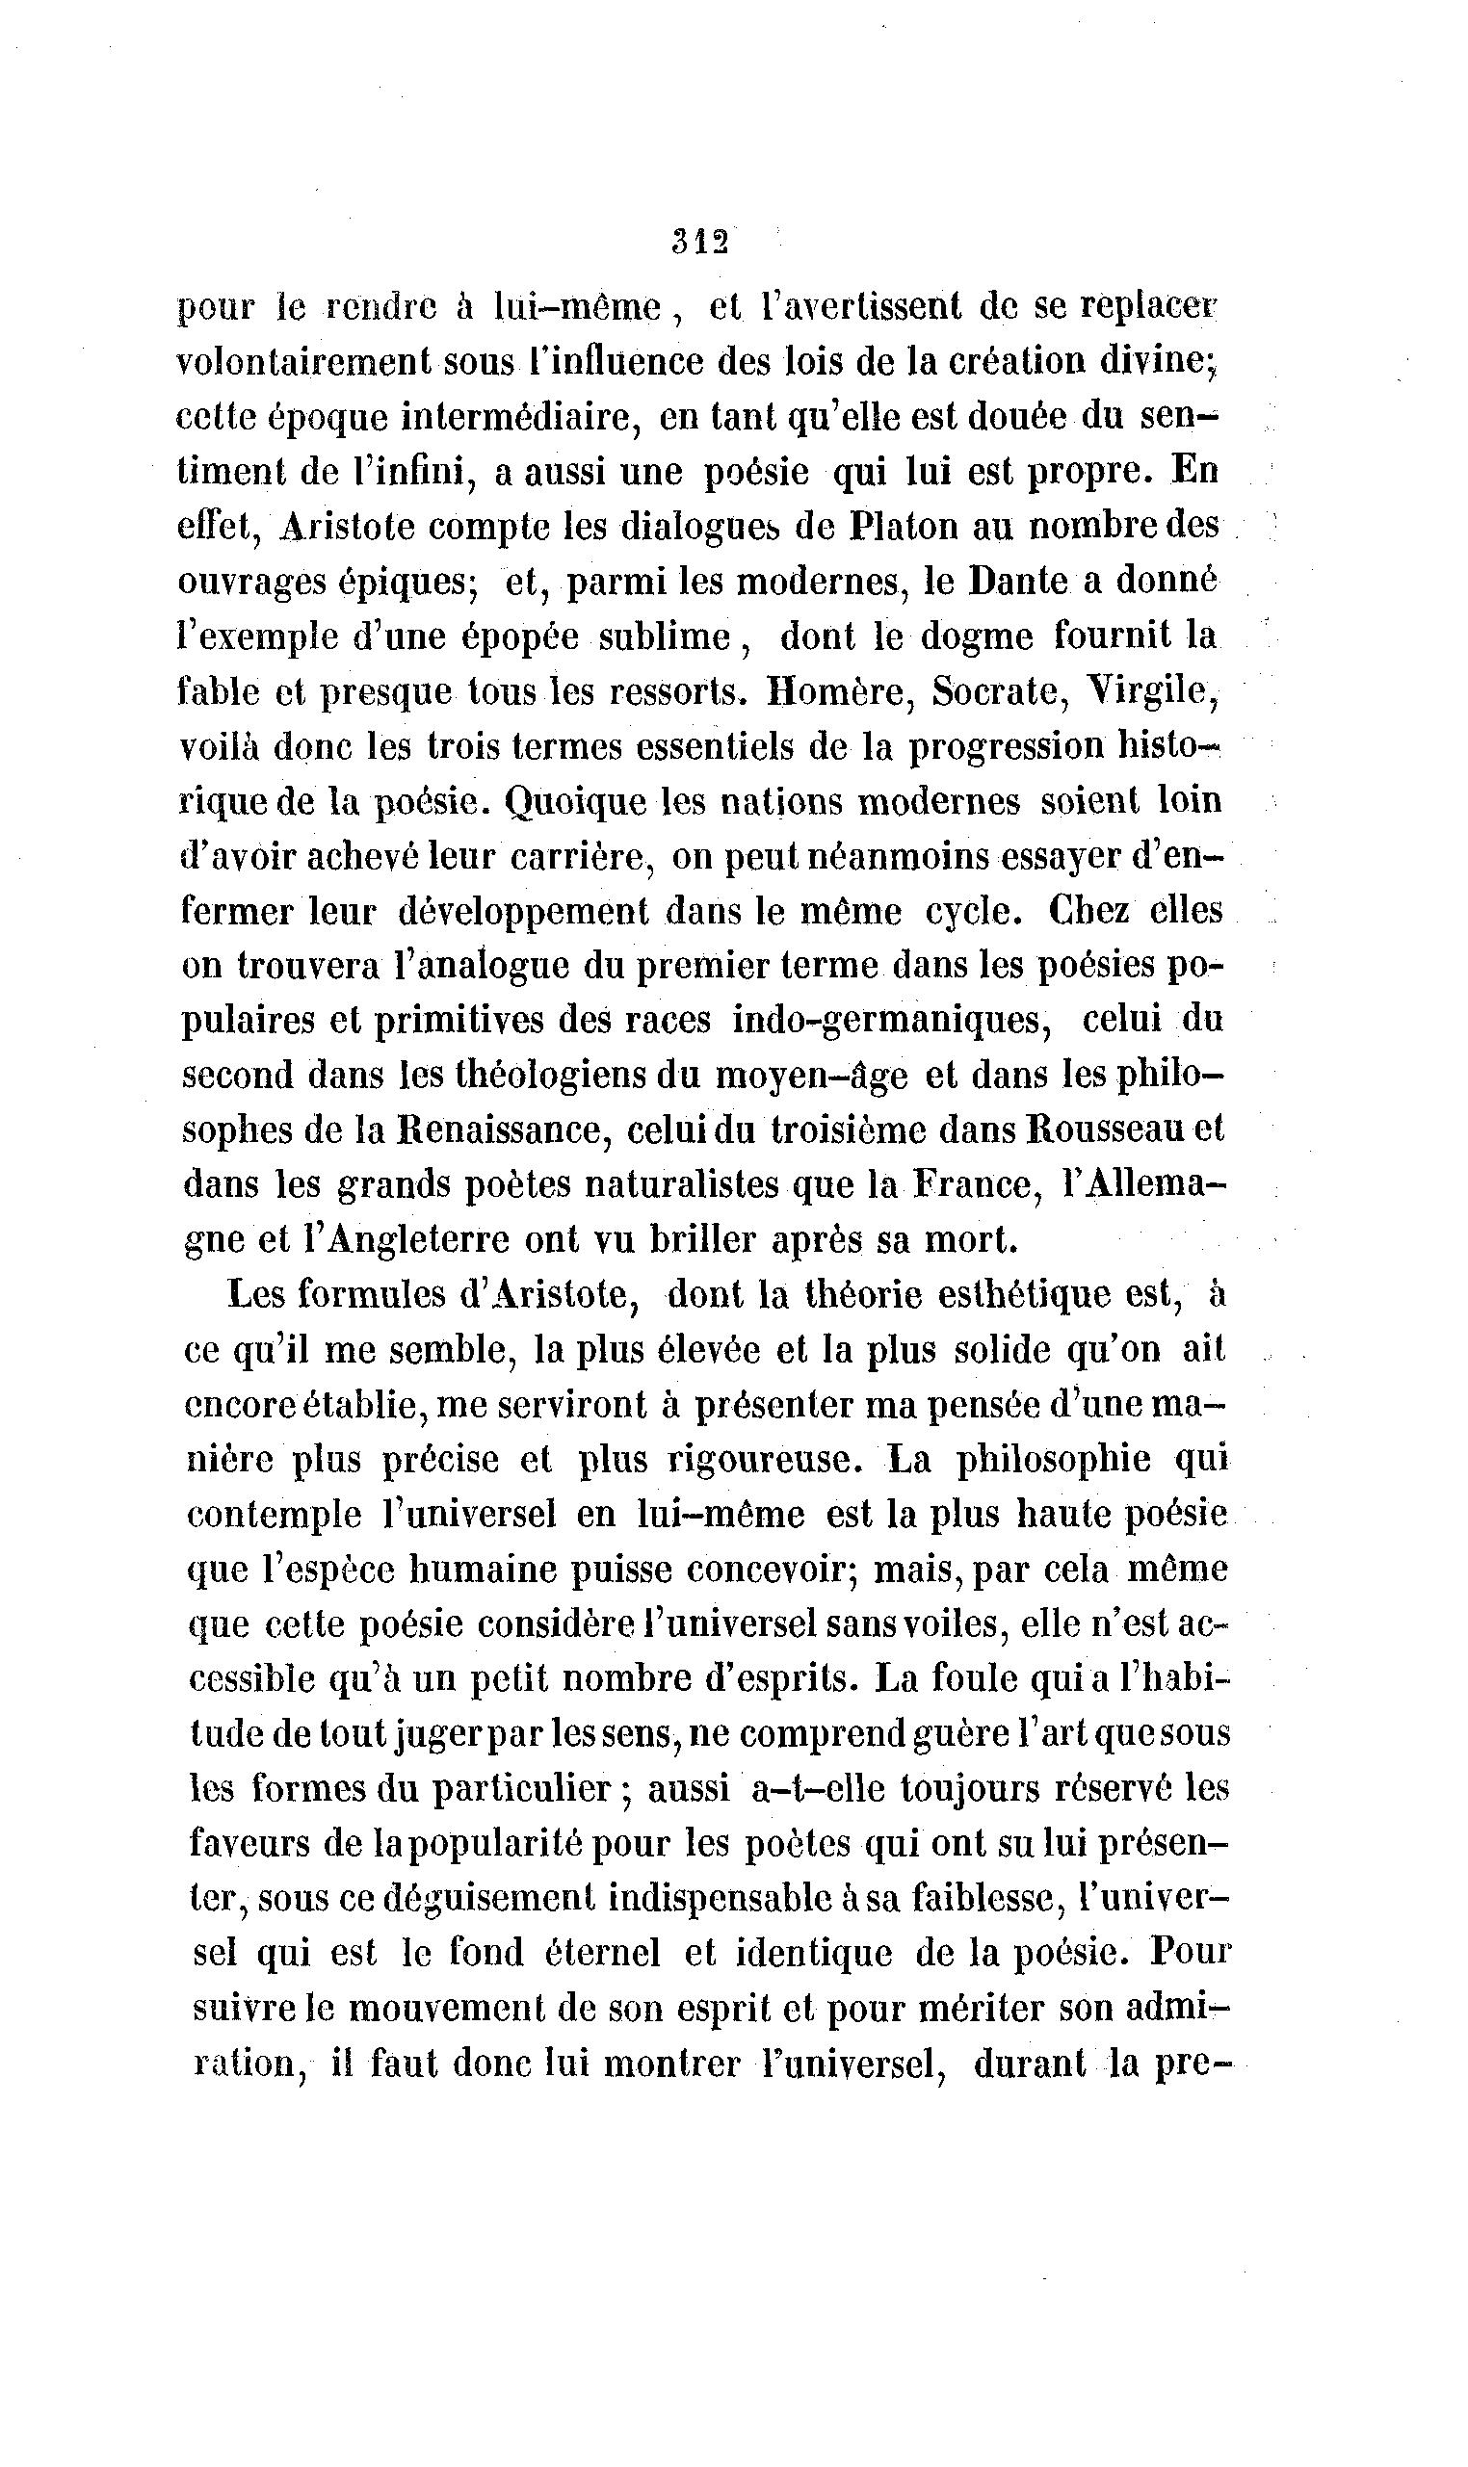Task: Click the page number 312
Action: coord(699,243)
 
